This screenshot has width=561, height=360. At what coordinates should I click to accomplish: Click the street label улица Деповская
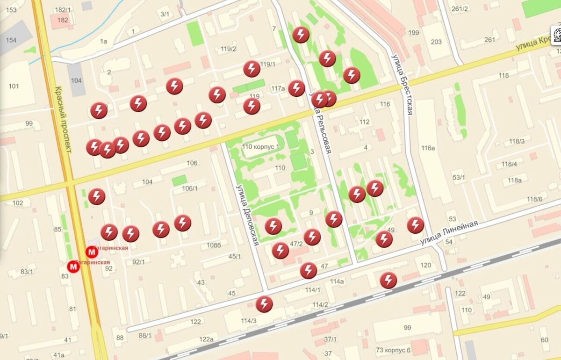247,215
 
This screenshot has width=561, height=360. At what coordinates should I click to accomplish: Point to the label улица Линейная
449,232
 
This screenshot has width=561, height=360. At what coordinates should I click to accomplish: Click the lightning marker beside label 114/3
264,304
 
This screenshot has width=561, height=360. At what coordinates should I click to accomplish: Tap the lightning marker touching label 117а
296,88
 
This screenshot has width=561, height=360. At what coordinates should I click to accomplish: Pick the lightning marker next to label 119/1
252,69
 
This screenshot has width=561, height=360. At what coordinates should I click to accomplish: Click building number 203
436,42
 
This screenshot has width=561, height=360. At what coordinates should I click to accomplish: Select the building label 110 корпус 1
261,147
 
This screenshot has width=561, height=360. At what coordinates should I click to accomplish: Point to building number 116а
428,148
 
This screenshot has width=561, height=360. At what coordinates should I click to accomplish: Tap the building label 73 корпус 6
393,350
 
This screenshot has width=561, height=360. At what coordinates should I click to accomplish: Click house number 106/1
190,188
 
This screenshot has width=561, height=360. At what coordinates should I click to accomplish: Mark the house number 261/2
460,9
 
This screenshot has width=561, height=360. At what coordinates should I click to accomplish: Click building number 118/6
534,199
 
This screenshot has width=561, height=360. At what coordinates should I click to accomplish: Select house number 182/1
63,10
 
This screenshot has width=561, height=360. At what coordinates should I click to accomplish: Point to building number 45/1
235,256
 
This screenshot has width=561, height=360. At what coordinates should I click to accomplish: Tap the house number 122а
206,339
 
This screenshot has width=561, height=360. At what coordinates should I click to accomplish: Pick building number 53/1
459,177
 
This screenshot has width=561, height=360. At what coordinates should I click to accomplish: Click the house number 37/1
330,339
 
